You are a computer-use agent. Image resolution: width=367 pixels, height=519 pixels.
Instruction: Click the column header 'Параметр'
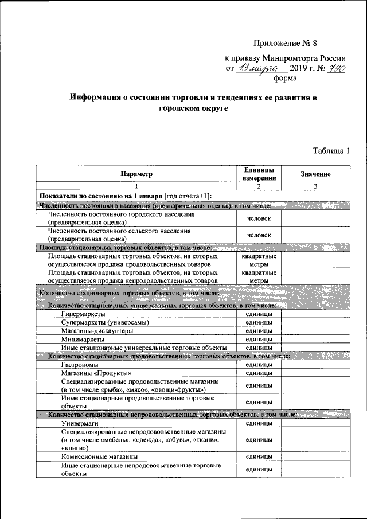(137, 174)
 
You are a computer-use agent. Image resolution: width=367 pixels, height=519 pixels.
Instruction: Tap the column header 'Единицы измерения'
(259, 174)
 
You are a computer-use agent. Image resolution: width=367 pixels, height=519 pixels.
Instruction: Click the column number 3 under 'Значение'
(315, 186)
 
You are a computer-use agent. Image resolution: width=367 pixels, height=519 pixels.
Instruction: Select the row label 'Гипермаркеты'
(83, 314)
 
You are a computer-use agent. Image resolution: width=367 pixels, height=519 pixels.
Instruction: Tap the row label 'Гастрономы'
(80, 364)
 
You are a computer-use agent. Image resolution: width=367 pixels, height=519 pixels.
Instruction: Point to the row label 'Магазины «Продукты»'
(92, 373)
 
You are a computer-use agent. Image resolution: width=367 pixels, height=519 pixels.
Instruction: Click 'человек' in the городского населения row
(259, 218)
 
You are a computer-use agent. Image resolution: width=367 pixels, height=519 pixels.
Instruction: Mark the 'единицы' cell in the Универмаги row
(259, 423)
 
